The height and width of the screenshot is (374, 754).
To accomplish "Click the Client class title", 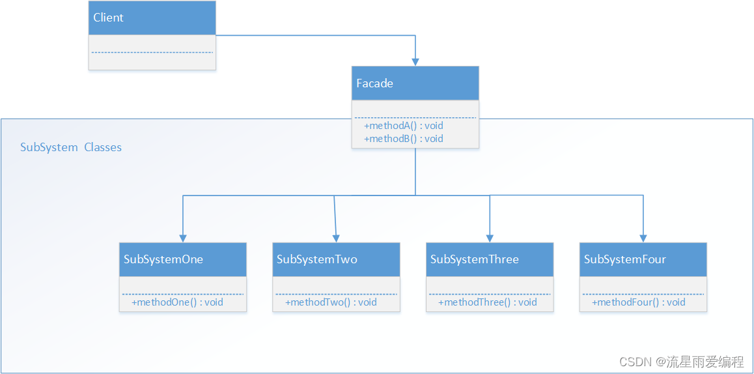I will tap(108, 18).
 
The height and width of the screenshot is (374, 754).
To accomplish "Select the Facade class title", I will tap(374, 83).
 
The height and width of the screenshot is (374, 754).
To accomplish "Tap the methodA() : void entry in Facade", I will tap(404, 125).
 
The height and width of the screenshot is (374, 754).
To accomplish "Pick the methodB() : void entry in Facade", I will tap(404, 138).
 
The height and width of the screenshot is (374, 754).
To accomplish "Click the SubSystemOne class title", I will tap(163, 259).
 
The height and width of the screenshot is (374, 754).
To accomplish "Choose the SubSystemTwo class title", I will tap(317, 259).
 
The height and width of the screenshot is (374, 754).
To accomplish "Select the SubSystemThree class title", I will tap(474, 259).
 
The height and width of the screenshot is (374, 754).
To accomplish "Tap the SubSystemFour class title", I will tap(624, 259).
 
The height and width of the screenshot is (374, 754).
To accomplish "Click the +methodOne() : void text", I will tap(177, 302).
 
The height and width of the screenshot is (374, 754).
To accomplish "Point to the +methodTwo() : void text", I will tap(331, 302).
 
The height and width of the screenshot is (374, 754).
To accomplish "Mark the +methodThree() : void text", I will tap(487, 302).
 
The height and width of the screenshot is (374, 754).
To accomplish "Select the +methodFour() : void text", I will tap(638, 302).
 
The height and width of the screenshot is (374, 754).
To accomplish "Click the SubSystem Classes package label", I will tap(71, 147).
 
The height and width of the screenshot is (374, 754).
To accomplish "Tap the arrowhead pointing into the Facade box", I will tap(415, 61).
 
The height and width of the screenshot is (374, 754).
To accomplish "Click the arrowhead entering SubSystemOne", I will tap(183, 238).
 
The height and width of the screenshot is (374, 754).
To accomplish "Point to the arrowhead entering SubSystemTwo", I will tap(336, 238).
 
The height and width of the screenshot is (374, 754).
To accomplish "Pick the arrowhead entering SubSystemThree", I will tap(490, 238).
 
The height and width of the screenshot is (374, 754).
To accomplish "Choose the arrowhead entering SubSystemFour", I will tap(643, 238).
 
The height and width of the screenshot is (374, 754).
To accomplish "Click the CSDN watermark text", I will tap(681, 362).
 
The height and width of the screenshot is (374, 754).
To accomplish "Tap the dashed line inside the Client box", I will tap(152, 52).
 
